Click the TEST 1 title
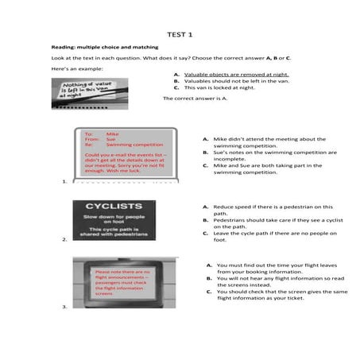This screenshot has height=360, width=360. click(180, 34)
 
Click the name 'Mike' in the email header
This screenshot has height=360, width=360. click(112, 134)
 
